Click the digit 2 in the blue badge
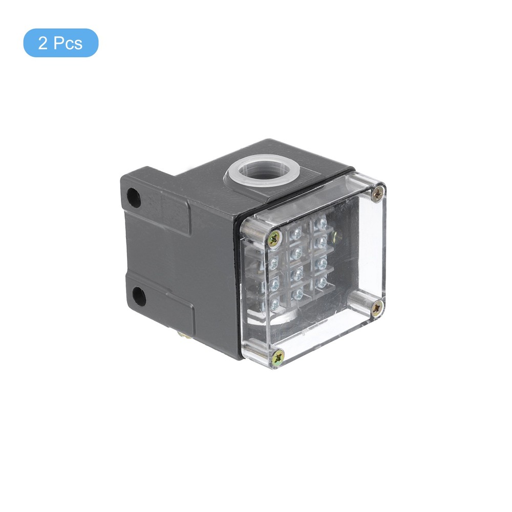43,43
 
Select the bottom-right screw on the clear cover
377,308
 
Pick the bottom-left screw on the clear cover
278,356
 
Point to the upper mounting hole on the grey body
134,197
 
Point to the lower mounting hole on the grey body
139,295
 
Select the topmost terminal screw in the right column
322,223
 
